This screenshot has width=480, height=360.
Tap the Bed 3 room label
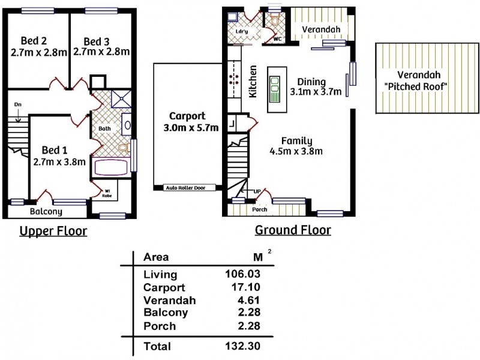pyautogui.click(x=96, y=41)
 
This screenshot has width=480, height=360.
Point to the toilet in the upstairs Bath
pyautogui.click(x=124, y=146)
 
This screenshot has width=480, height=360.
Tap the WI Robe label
pyautogui.click(x=110, y=192)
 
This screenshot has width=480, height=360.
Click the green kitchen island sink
pyautogui.click(x=274, y=88)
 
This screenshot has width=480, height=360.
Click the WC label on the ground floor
pyautogui.click(x=277, y=39)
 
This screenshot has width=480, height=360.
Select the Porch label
pyautogui.click(x=260, y=210)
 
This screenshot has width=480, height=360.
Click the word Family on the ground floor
pyautogui.click(x=296, y=140)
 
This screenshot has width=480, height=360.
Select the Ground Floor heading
pyautogui.click(x=293, y=230)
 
